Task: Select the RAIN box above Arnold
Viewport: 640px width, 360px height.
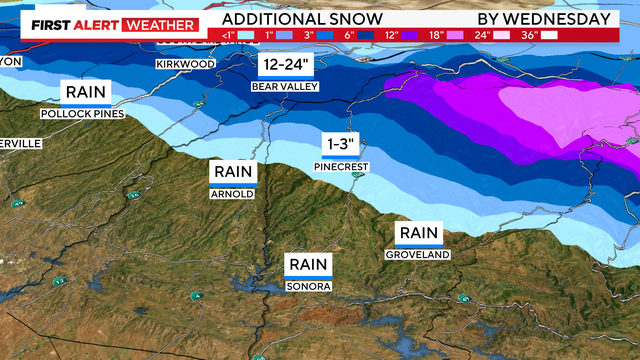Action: [x=233, y=173]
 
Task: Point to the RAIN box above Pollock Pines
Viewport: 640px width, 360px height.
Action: [x=86, y=93]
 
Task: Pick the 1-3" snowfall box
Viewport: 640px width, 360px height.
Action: [x=334, y=144]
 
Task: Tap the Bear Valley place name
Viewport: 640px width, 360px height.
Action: [x=287, y=87]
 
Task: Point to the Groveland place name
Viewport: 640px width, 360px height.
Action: [x=418, y=255]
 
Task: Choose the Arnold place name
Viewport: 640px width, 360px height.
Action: [x=233, y=194]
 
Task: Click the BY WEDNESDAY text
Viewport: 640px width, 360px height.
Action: [x=543, y=19]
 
